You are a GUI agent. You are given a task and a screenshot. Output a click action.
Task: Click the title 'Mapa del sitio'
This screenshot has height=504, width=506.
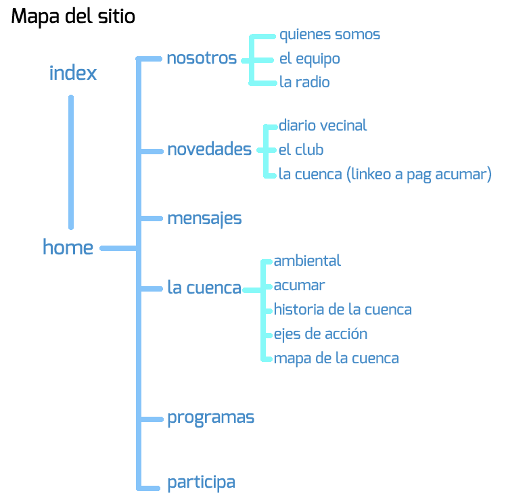[x=73, y=17]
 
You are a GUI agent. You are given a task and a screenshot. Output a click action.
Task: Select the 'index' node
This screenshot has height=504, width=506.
[x=73, y=73]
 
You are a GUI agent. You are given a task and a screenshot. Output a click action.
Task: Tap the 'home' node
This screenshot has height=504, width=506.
[x=68, y=248]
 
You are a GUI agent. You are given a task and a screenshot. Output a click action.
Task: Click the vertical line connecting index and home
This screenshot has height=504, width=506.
[x=71, y=162]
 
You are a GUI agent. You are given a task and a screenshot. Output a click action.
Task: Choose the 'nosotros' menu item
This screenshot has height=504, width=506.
[x=202, y=58]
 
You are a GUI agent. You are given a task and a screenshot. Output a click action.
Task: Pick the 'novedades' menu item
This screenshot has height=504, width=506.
[x=209, y=150]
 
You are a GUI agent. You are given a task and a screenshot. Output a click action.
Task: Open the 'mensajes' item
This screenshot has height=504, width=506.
[x=204, y=219]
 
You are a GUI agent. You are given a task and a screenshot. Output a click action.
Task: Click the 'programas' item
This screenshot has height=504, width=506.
[x=210, y=417]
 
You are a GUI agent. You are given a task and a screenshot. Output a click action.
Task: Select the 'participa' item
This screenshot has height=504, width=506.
[x=202, y=482]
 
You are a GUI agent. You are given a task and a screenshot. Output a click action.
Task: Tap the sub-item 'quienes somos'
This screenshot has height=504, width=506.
[x=329, y=35]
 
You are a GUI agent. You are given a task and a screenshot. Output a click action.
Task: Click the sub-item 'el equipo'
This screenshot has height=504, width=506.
[x=309, y=59]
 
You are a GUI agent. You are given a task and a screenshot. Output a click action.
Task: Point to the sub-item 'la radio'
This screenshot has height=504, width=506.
[x=304, y=83]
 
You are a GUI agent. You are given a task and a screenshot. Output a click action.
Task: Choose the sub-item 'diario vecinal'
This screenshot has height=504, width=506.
[x=323, y=125]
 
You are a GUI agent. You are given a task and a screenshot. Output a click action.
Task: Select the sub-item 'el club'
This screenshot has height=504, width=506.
[x=301, y=150]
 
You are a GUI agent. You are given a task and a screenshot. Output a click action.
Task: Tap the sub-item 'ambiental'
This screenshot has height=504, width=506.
[x=307, y=260]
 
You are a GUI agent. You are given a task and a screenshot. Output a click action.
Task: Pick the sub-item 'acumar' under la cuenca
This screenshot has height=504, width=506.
[x=299, y=285]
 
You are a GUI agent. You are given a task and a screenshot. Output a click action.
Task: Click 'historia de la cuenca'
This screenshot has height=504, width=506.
[x=342, y=310]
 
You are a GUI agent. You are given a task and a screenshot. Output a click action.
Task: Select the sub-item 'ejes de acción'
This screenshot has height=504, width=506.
[x=321, y=334]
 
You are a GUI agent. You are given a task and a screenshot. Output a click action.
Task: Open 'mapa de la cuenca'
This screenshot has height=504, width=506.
[x=336, y=359]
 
